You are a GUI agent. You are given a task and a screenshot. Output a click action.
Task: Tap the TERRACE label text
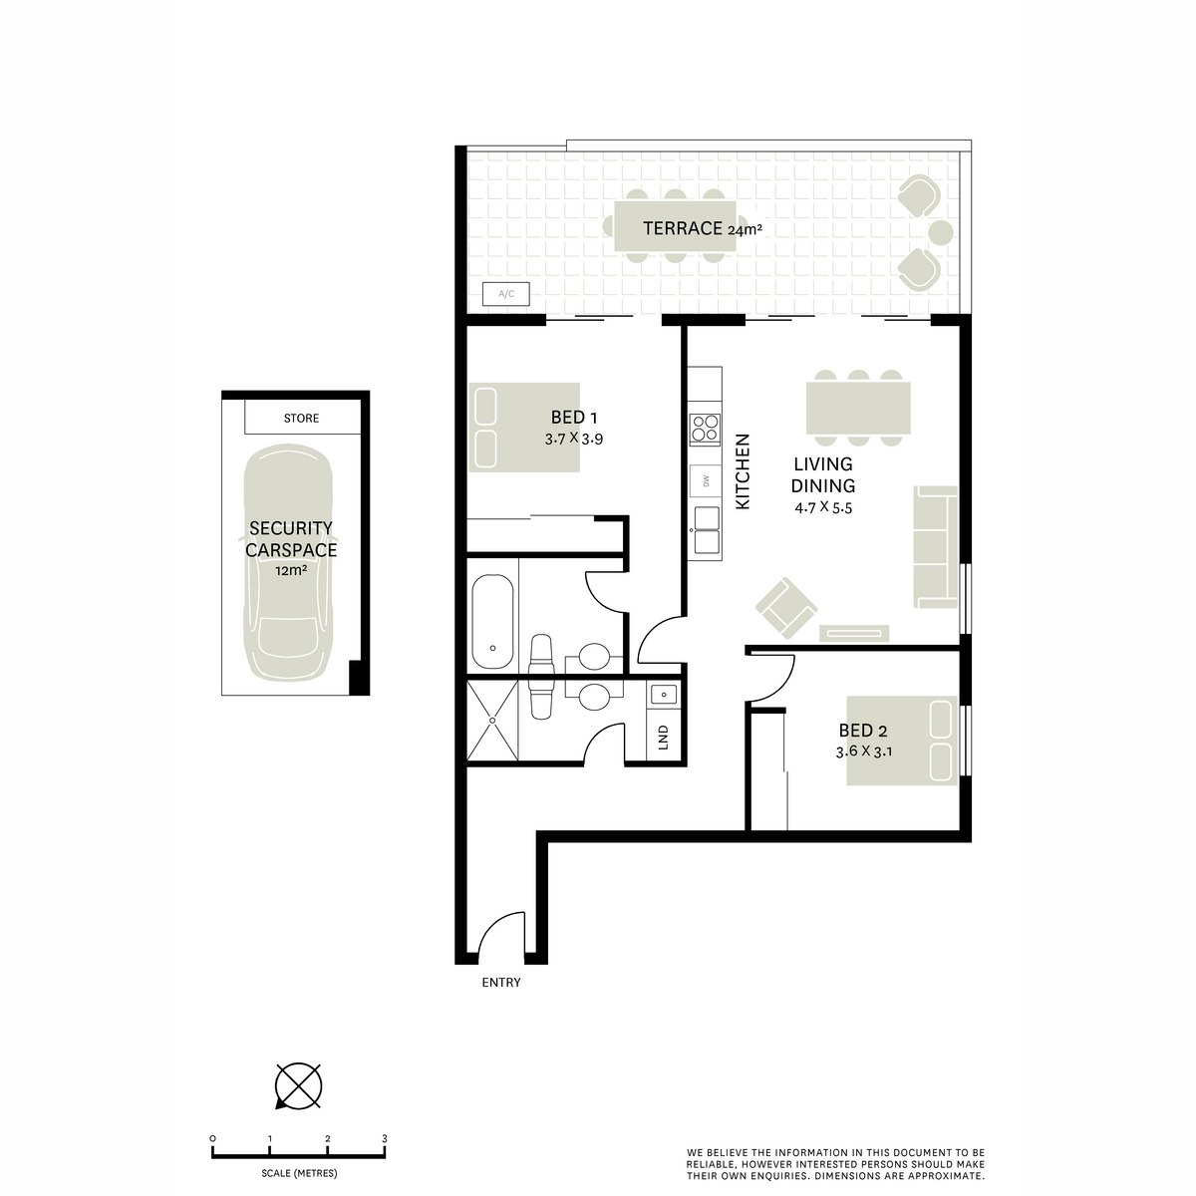tap(682, 228)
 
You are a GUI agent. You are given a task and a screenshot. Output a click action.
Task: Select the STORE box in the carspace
tap(301, 419)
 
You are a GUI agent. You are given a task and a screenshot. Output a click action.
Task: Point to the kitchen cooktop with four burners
tap(706, 428)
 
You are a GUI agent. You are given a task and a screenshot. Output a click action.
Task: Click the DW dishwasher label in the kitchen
tap(706, 481)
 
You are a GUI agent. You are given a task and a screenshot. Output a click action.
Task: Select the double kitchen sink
tap(707, 527)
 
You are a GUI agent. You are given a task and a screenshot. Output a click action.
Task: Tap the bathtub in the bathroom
tap(492, 621)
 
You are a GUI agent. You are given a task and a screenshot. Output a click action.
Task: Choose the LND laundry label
tap(663, 739)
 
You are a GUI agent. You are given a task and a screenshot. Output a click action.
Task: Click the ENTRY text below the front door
tap(500, 983)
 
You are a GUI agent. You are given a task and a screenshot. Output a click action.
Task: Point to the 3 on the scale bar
tap(384, 1138)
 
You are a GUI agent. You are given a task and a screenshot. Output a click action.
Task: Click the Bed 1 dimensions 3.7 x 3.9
tap(573, 438)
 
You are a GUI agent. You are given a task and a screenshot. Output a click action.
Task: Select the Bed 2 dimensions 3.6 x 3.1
tap(863, 751)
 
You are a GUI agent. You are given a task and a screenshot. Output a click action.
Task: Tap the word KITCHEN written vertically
tap(742, 472)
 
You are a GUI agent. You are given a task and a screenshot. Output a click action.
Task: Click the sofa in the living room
tap(936, 546)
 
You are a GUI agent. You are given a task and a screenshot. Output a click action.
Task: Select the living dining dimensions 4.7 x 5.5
tap(823, 507)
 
